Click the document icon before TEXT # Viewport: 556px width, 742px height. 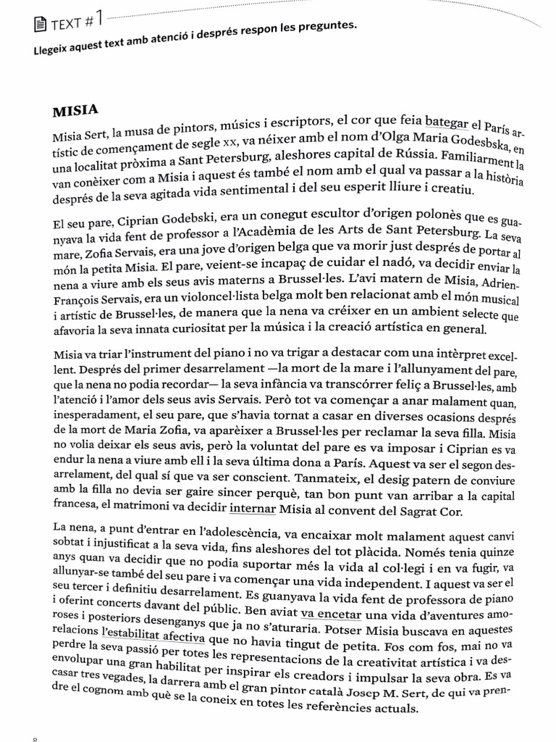pos(41,27)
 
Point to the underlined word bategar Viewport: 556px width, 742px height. pos(447,122)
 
